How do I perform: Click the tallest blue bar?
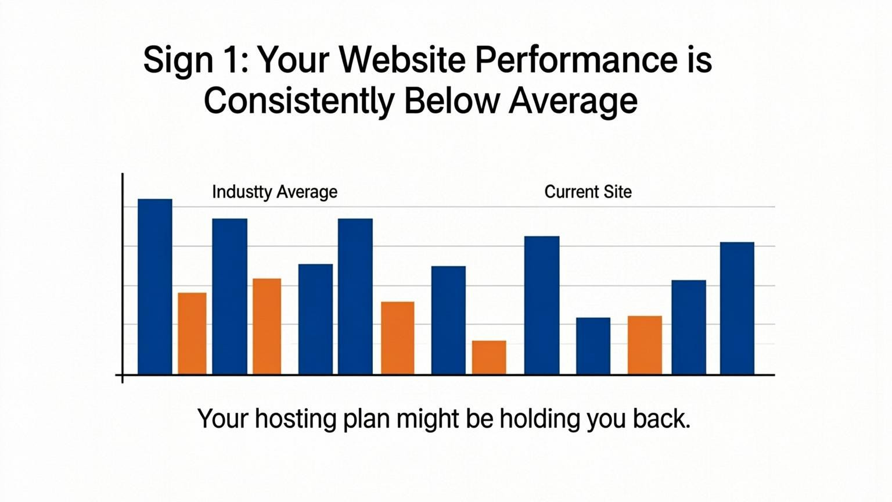click(x=155, y=287)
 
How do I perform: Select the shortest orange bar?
click(x=488, y=357)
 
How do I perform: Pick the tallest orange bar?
click(x=267, y=327)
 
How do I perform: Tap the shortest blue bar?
click(x=593, y=346)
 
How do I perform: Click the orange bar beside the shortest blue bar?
click(x=645, y=345)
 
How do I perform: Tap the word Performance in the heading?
click(x=576, y=59)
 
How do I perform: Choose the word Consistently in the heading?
click(x=298, y=101)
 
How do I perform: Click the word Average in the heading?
click(x=573, y=102)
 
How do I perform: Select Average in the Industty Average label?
click(x=307, y=192)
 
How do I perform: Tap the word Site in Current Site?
click(x=616, y=192)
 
